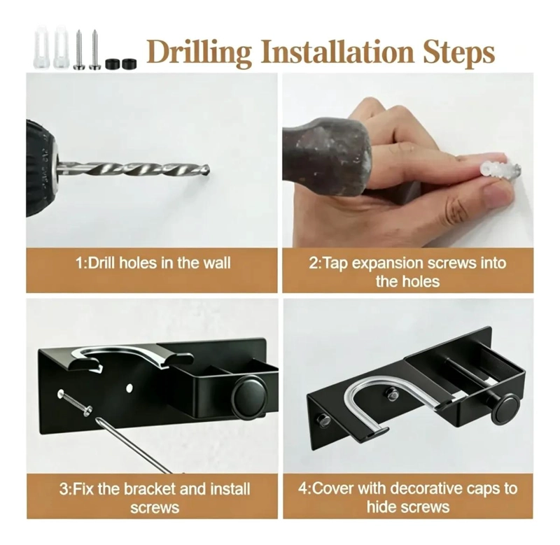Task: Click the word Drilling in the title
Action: [x=199, y=52]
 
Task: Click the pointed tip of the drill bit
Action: [x=208, y=170]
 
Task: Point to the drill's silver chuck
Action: [x=55, y=168]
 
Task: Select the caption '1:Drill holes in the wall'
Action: [x=153, y=263]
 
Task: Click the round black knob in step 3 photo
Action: [x=249, y=397]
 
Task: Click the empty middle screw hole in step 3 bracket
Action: [x=129, y=388]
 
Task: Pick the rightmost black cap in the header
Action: [x=129, y=64]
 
